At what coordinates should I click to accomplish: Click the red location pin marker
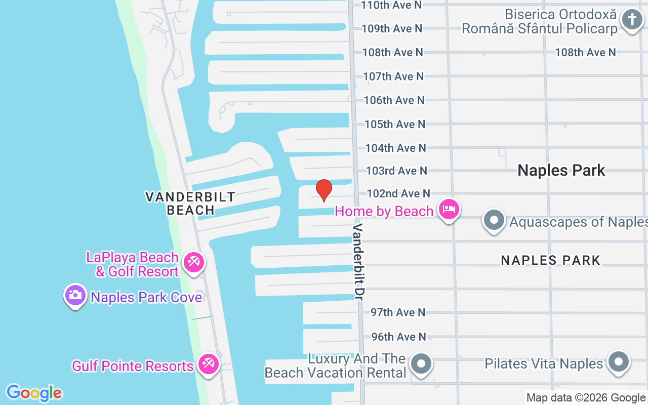click(324, 190)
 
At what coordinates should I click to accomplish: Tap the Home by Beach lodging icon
click(449, 209)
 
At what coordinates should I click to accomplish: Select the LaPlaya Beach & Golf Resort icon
click(193, 262)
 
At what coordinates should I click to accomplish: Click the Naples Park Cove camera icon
click(75, 295)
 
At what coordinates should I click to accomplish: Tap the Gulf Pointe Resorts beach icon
click(208, 363)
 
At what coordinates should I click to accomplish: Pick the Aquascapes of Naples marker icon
click(494, 220)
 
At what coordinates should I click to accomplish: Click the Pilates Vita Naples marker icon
click(618, 361)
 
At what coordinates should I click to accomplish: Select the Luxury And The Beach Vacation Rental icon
click(421, 363)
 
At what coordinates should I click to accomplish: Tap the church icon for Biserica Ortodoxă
click(631, 20)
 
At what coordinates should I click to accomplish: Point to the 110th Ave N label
click(391, 5)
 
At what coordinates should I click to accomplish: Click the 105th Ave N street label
click(395, 124)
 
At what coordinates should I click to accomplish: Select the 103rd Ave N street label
click(396, 171)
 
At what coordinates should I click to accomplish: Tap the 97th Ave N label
click(398, 312)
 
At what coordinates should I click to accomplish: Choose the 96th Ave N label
click(398, 337)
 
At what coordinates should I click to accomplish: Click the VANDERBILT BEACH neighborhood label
click(190, 203)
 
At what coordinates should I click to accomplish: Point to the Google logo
click(34, 393)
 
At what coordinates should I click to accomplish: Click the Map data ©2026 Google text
click(586, 398)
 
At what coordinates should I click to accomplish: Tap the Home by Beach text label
click(384, 211)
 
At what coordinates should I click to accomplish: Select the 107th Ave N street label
click(393, 76)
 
